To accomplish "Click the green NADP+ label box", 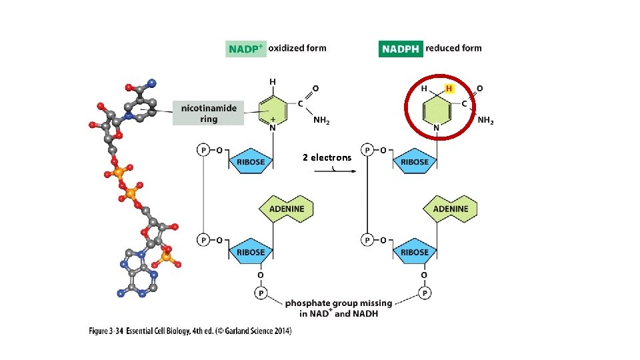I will [x=246, y=49].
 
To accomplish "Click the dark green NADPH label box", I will [x=401, y=49].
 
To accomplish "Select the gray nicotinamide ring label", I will [x=208, y=113].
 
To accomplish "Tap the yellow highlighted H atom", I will [x=449, y=89].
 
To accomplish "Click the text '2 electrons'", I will [x=327, y=157].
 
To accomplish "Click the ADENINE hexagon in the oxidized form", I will [x=286, y=209].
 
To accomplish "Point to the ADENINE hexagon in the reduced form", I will [x=451, y=209].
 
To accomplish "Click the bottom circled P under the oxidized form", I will [x=260, y=292].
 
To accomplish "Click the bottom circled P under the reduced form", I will [x=424, y=292].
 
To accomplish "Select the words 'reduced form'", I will [x=453, y=48].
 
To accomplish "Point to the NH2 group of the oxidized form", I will [x=321, y=121].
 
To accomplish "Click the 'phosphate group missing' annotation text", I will [x=339, y=303].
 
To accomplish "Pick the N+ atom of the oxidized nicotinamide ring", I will [x=273, y=125].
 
